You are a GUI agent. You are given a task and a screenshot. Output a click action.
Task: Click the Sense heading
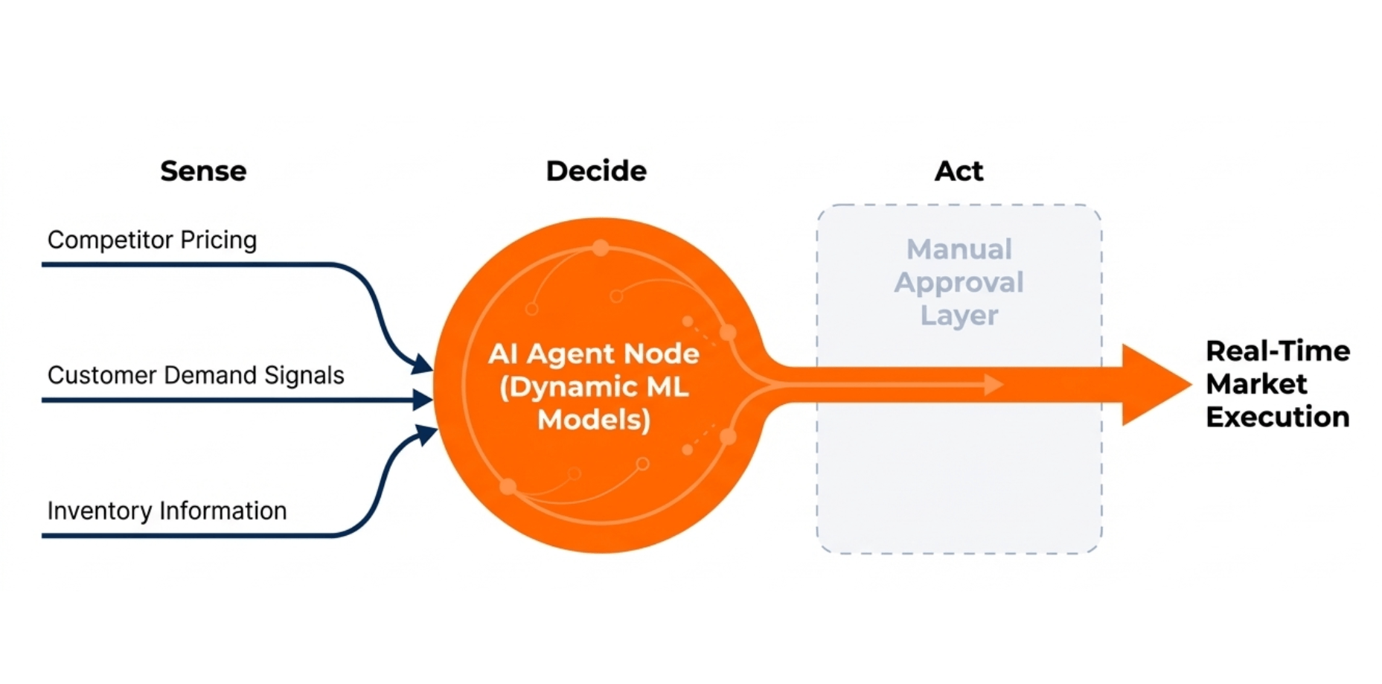(x=203, y=171)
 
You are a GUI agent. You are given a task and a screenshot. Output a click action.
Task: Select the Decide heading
(x=596, y=171)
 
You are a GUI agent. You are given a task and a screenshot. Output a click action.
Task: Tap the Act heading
(x=959, y=171)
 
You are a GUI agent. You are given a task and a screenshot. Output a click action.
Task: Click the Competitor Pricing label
(x=152, y=240)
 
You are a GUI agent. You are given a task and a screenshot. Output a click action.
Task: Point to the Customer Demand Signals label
(x=196, y=375)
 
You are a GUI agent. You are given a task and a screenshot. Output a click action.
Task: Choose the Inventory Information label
(x=167, y=511)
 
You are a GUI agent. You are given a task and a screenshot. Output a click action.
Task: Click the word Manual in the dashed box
(x=959, y=249)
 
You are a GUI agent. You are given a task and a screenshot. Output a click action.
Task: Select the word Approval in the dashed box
(x=959, y=282)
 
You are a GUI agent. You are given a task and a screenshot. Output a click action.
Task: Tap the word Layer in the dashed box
(x=959, y=315)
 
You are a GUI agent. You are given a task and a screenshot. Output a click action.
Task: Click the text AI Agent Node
(x=594, y=354)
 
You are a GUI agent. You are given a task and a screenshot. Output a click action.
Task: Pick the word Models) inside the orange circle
(x=594, y=420)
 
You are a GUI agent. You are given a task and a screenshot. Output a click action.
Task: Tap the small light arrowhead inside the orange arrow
(x=994, y=385)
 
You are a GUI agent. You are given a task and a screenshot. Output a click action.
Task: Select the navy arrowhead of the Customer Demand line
(x=423, y=400)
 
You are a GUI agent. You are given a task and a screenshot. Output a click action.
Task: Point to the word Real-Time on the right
(x=1278, y=351)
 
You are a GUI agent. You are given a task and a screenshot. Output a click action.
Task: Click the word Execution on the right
(x=1278, y=417)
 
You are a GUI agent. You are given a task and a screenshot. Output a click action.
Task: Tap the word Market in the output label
(x=1256, y=384)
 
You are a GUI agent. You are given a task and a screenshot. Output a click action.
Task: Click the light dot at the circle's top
(x=601, y=248)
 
